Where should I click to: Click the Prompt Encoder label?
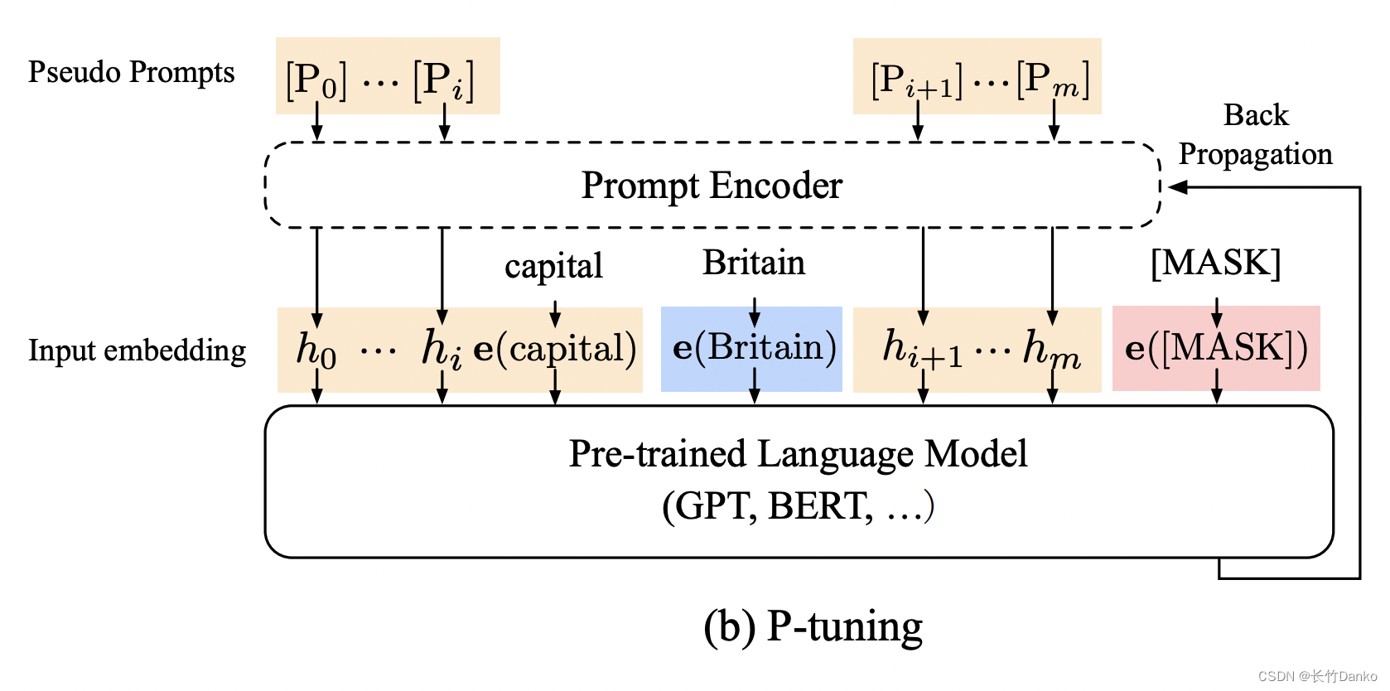711,186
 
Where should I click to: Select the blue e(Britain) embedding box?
752,349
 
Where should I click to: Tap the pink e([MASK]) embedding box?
1215,349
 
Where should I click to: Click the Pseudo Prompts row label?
131,73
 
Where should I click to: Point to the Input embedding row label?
137,350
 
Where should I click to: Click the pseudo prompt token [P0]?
316,80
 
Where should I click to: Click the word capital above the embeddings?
553,267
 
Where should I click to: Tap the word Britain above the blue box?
753,263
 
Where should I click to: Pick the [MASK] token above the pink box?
1215,263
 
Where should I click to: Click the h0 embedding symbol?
316,349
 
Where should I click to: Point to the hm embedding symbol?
1051,349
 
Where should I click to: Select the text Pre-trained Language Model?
798,454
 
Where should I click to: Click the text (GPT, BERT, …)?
798,506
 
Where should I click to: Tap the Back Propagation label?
1255,134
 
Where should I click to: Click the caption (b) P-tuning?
813,626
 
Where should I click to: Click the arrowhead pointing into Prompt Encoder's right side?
1175,187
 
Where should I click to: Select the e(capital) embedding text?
554,349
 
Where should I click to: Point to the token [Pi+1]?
916,80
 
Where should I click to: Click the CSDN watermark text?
1316,676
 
